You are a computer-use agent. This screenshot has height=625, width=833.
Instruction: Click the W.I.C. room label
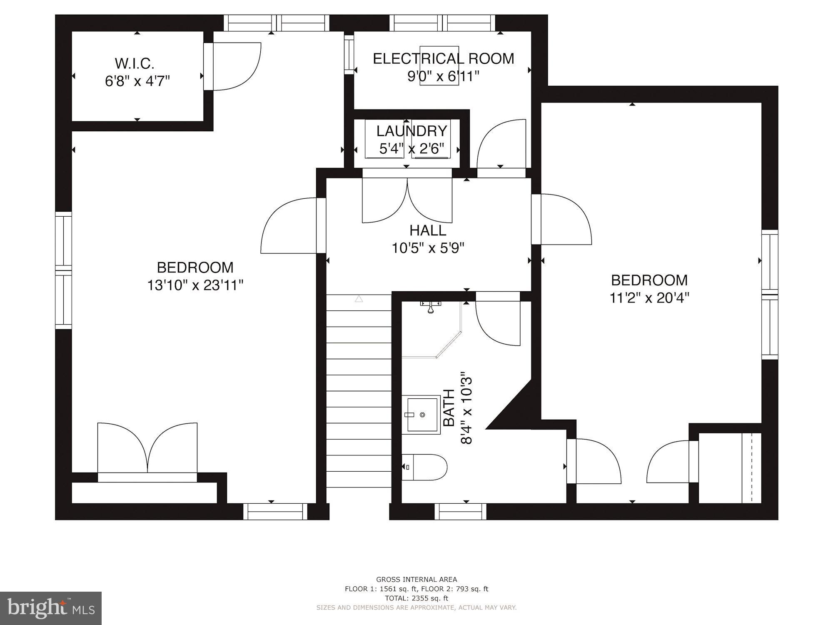click(x=135, y=64)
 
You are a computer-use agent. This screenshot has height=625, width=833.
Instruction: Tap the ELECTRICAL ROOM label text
click(x=443, y=59)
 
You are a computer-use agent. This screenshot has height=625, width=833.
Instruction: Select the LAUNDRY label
click(x=412, y=131)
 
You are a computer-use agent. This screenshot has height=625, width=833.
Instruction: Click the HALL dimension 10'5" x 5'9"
click(x=428, y=248)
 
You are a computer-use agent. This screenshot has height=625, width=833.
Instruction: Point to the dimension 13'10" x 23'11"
click(x=195, y=285)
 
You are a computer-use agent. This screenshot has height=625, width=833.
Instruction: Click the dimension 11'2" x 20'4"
click(x=649, y=298)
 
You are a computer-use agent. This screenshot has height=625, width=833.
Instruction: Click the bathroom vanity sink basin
click(x=421, y=415)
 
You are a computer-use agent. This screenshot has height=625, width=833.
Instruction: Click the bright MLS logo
click(x=51, y=608)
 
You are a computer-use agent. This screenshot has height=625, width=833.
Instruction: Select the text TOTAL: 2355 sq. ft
click(x=416, y=598)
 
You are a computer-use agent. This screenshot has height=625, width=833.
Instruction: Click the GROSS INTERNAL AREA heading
click(x=416, y=579)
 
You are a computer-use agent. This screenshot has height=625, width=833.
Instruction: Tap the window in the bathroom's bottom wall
click(x=460, y=511)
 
